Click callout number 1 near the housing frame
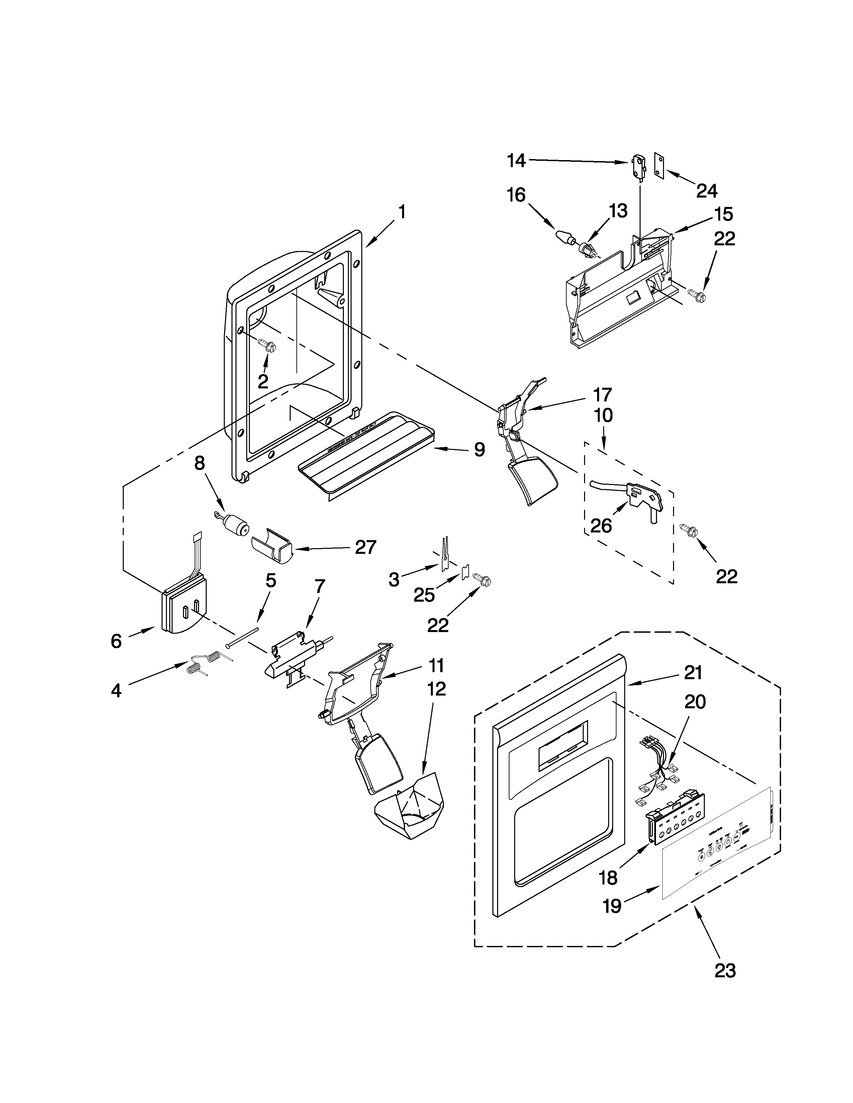coord(402,212)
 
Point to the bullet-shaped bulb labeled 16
coord(564,237)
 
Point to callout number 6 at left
coord(116,641)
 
